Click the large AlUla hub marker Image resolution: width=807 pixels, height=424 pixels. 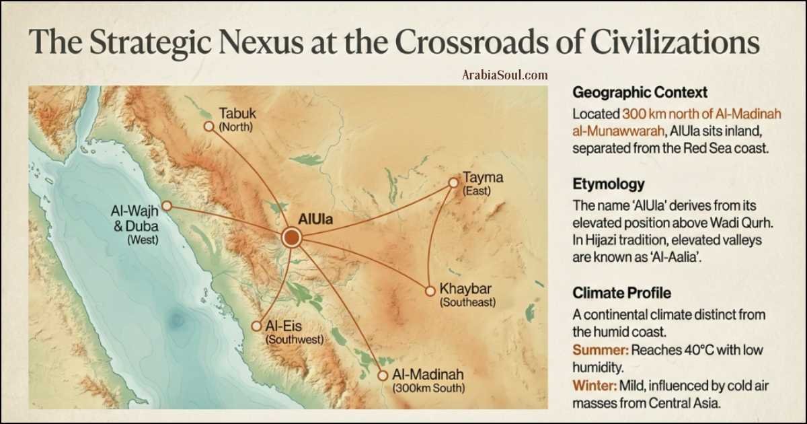[x=292, y=237]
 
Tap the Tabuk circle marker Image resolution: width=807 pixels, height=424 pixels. [x=208, y=125]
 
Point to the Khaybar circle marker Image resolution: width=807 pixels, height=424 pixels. [x=430, y=291]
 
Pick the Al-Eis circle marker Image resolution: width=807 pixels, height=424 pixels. [x=256, y=326]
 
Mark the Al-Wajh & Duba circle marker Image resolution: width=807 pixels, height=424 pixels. [x=167, y=205]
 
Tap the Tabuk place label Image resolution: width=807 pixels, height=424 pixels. [x=237, y=112]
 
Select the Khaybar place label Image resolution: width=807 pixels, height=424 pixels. [x=465, y=289]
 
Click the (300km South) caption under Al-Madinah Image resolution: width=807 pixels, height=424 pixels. [x=428, y=388]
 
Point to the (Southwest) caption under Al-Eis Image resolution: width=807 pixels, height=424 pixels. [x=295, y=340]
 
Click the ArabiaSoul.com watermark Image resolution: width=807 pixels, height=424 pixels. [x=504, y=75]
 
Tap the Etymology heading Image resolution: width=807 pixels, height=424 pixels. [x=609, y=184]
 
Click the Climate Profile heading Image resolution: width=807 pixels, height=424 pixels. [x=621, y=293]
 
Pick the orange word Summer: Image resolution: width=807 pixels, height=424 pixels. [x=601, y=351]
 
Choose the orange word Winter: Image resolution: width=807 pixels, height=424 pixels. [x=596, y=386]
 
